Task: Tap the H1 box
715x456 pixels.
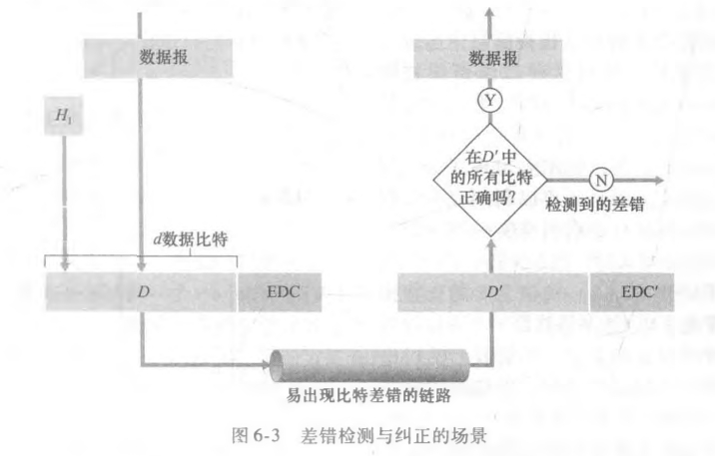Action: [62, 117]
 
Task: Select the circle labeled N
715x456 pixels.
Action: [600, 180]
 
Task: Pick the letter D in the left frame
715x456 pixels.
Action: [143, 292]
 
